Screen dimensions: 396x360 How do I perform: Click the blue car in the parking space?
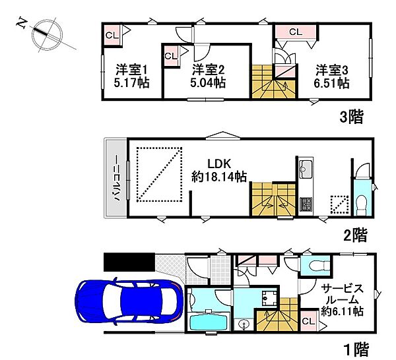[129, 303]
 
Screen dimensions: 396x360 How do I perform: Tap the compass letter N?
[22, 24]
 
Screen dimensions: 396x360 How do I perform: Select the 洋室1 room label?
[131, 70]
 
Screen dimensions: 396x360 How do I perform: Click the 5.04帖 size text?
[208, 82]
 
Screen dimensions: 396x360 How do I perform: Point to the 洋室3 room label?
[332, 70]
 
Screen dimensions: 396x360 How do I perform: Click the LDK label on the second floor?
[219, 164]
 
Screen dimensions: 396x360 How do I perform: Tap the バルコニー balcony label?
[116, 178]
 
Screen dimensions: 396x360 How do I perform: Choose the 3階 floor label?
[351, 117]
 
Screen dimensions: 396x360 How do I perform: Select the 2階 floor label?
[354, 235]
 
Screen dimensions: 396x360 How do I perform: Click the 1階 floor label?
[356, 349]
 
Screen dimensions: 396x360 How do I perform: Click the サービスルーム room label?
[342, 294]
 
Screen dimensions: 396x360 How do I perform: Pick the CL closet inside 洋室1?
[112, 36]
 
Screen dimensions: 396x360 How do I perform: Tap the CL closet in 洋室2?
[171, 56]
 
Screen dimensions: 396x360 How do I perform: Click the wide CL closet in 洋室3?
[296, 32]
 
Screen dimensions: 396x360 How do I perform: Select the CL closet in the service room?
[309, 321]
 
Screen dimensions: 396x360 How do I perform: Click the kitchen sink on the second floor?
[306, 169]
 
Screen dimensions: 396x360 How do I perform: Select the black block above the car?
[129, 262]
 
